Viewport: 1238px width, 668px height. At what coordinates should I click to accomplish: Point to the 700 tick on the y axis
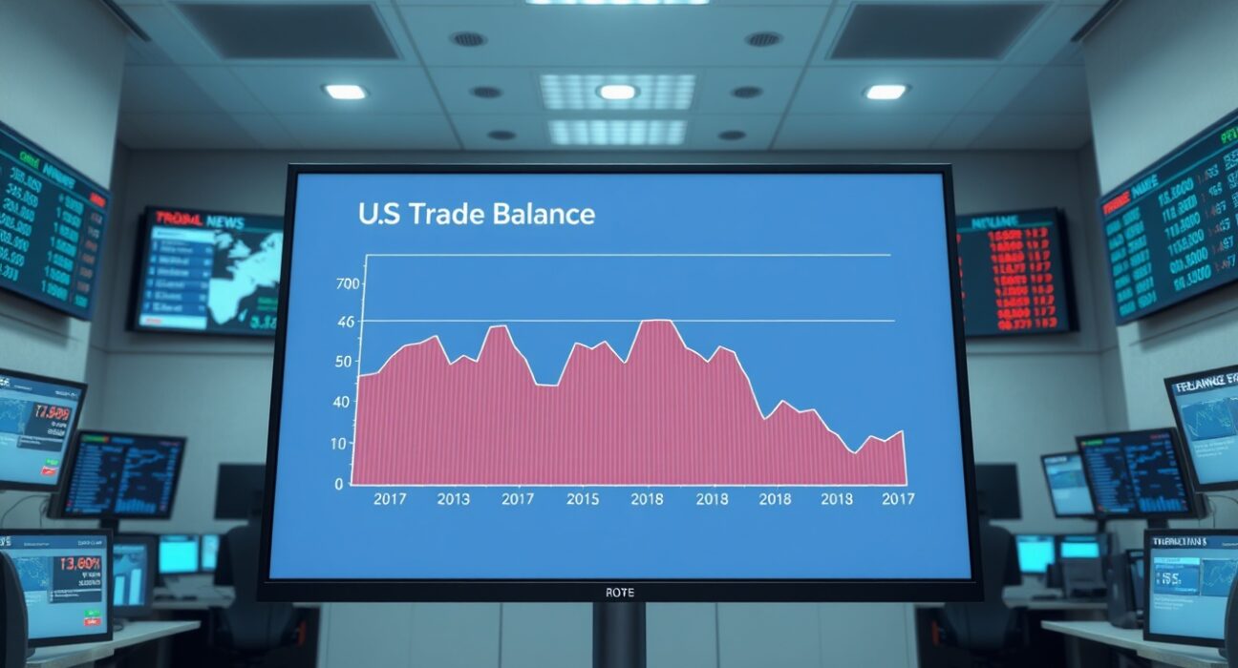347,283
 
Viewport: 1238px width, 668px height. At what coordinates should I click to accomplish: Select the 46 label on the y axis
345,323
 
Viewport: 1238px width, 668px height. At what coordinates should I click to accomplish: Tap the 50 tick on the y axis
344,363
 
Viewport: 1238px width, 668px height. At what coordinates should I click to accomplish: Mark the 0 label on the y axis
338,484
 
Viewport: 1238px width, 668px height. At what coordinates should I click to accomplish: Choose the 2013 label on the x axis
453,499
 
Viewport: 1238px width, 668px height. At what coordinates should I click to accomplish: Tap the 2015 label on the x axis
583,499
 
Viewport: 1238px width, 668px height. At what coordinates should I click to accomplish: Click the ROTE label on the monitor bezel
619,593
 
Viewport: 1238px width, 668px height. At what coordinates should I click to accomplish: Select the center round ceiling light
616,92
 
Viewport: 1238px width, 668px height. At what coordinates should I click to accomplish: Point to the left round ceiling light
345,92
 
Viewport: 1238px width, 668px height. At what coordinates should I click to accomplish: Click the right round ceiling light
885,92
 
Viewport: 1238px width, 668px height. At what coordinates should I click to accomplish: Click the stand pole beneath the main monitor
618,636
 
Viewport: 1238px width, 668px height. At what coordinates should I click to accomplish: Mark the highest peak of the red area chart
654,321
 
